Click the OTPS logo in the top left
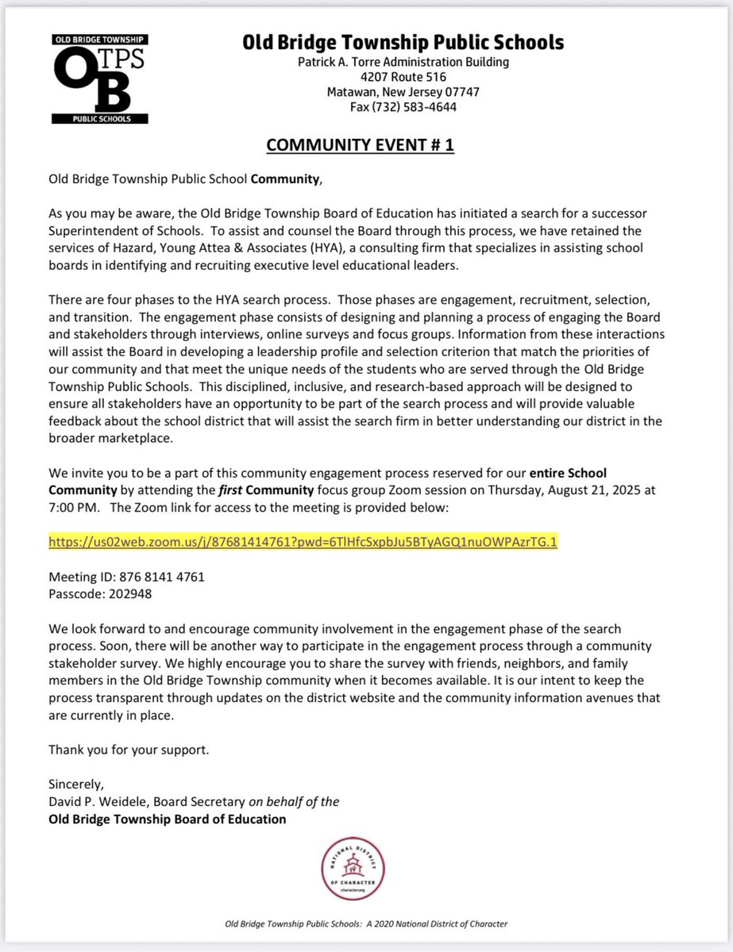coord(100,79)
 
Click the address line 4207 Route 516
coord(403,77)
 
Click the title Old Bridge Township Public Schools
coord(403,43)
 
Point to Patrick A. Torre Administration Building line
coord(403,62)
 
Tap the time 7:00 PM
coord(73,506)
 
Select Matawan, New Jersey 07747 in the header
coord(403,92)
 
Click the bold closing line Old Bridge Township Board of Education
coord(167,819)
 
